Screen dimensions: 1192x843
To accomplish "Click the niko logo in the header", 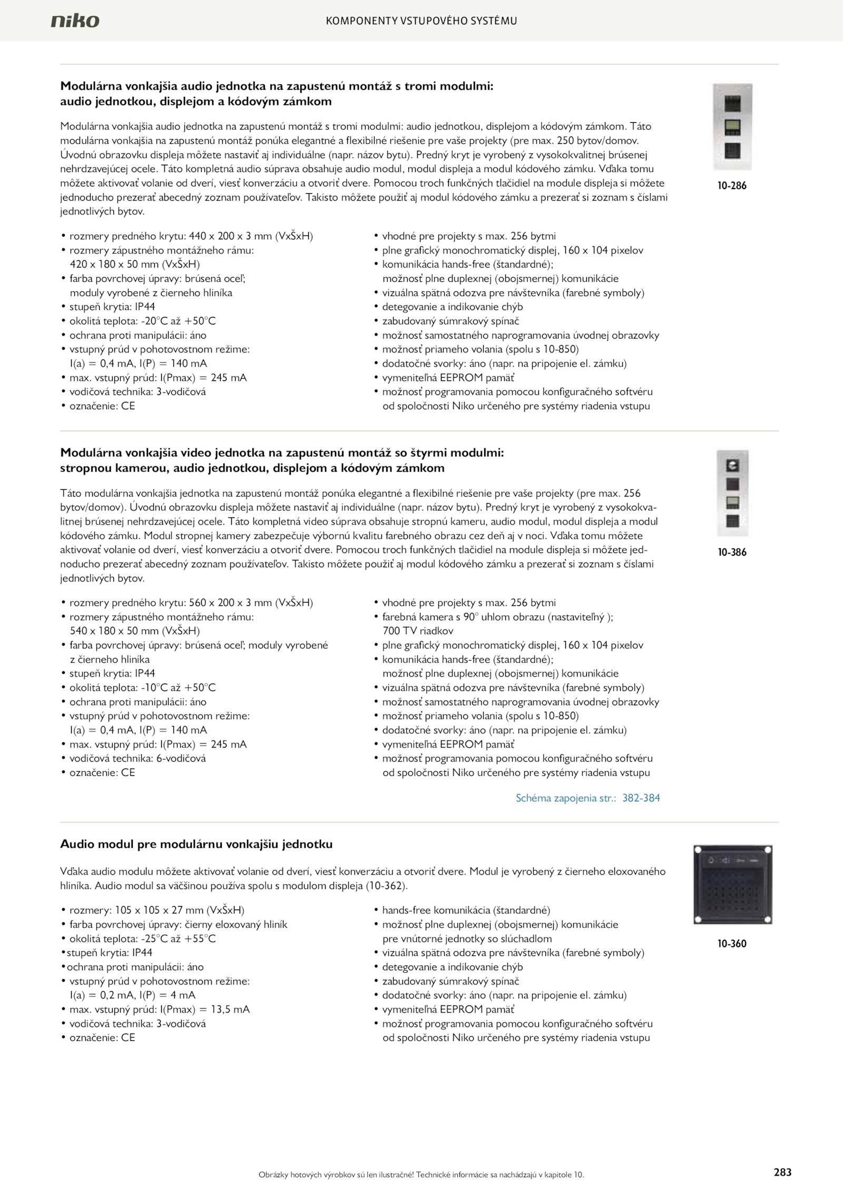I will pyautogui.click(x=75, y=21).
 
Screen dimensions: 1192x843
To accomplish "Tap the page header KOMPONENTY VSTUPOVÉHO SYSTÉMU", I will pyautogui.click(x=421, y=21).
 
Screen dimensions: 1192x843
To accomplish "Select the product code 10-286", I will pyautogui.click(x=732, y=186).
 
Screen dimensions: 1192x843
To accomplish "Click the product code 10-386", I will pyautogui.click(x=732, y=553).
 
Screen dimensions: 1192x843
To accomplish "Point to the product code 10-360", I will pyautogui.click(x=732, y=943).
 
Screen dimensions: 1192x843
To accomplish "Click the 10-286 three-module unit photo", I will pyautogui.click(x=732, y=126).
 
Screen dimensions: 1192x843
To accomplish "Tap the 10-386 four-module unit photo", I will pyautogui.click(x=732, y=493).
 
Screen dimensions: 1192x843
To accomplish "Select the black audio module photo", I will pyautogui.click(x=732, y=884).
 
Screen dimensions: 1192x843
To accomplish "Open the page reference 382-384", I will pyautogui.click(x=641, y=798).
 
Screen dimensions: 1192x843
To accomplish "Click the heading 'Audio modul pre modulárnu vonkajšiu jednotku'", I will pyautogui.click(x=196, y=844).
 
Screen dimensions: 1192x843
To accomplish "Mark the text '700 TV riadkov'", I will pyautogui.click(x=418, y=631).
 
